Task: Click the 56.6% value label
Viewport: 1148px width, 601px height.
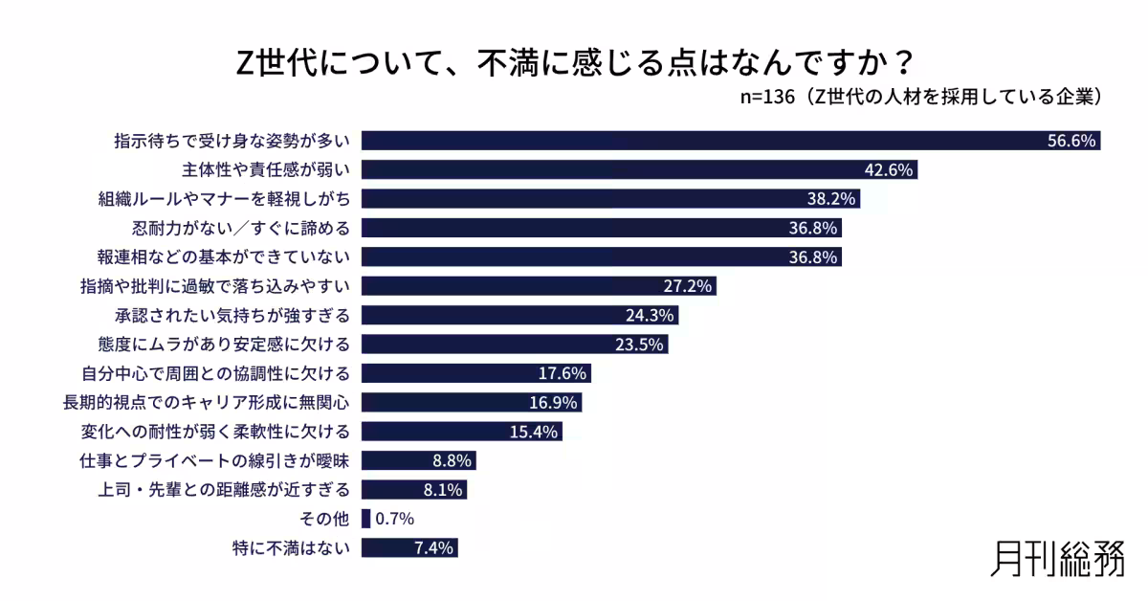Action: (1071, 142)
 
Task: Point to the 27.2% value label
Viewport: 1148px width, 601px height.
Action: (689, 286)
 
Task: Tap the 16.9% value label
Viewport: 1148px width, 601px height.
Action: (552, 402)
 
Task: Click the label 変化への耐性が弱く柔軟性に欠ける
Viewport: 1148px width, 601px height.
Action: (217, 432)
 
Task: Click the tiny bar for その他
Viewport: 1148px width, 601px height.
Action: (365, 519)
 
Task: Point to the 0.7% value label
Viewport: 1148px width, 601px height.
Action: (394, 519)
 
